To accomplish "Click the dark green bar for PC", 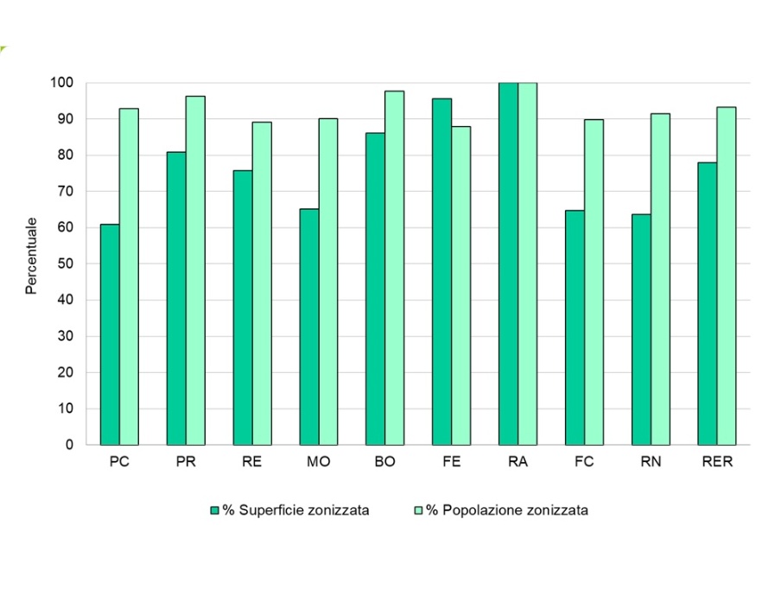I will pyautogui.click(x=110, y=334).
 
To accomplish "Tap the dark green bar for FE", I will pyautogui.click(x=441, y=271).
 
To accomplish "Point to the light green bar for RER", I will pyautogui.click(x=727, y=275).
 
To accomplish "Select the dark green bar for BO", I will pyautogui.click(x=375, y=288).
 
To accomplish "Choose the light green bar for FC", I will pyautogui.click(x=594, y=282).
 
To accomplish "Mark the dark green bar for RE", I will pyautogui.click(x=243, y=307).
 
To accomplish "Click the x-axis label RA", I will pyautogui.click(x=518, y=462).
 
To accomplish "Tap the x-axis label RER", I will pyautogui.click(x=718, y=462).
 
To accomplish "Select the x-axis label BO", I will pyautogui.click(x=385, y=462).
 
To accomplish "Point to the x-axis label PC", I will pyautogui.click(x=120, y=462).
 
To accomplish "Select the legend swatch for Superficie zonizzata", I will pyautogui.click(x=215, y=510).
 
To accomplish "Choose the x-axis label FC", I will pyautogui.click(x=585, y=462).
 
